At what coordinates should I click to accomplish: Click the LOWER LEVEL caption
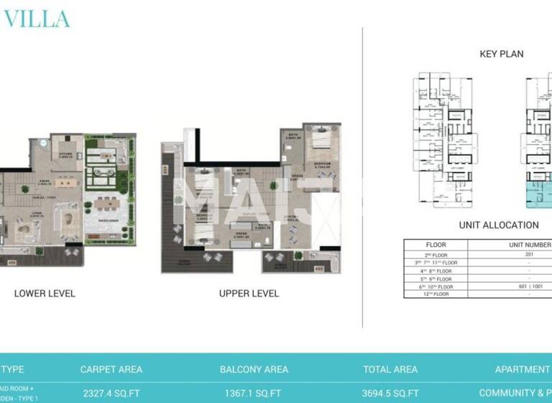point(45,294)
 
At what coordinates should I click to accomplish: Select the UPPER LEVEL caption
point(249,294)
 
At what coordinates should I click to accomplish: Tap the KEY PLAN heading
point(501,54)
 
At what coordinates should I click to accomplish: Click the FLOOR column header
point(436,245)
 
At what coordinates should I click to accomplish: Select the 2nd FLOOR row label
point(436,253)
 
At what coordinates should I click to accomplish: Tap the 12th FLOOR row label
point(436,294)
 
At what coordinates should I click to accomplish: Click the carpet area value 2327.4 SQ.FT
point(111,393)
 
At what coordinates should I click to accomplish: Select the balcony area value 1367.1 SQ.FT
point(254,393)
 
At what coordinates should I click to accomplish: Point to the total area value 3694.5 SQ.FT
point(390,393)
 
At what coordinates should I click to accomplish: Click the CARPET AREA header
point(111,369)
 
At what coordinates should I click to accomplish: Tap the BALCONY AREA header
point(254,369)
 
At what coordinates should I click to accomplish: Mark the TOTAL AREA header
point(390,369)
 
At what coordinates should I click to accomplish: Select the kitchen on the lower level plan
point(65,155)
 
